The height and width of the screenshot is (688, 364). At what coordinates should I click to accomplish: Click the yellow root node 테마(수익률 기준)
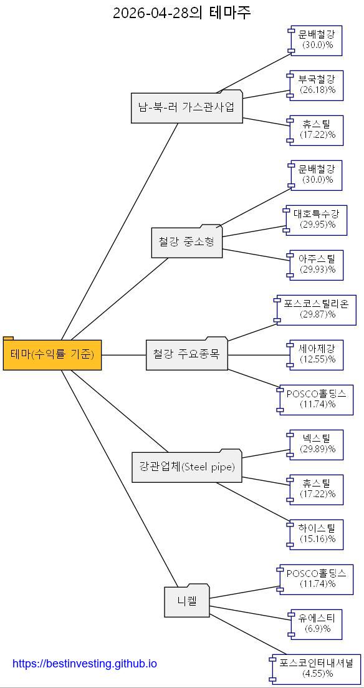(x=52, y=354)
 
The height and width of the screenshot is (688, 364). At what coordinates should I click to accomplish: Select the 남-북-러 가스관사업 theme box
(x=187, y=107)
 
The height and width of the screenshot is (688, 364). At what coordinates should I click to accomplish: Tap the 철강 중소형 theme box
(x=187, y=241)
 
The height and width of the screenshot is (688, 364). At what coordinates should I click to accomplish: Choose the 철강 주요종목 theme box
(x=187, y=354)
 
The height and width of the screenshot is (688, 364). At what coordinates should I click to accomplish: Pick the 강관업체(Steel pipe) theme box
(x=187, y=466)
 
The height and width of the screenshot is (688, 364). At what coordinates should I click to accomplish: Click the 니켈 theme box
(x=187, y=600)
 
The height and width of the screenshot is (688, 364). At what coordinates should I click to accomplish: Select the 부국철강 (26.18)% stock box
(x=315, y=85)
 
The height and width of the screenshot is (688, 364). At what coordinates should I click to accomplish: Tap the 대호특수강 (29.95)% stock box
(x=315, y=220)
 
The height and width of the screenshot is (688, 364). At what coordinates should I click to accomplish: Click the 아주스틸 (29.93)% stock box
(x=315, y=265)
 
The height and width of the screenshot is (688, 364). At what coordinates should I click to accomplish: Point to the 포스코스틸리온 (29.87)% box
(x=315, y=310)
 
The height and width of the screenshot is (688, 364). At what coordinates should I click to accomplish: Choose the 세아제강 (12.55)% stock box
(x=315, y=355)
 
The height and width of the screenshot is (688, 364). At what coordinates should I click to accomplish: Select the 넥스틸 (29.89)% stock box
(x=315, y=445)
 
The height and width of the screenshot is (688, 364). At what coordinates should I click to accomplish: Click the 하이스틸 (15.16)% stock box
(x=315, y=535)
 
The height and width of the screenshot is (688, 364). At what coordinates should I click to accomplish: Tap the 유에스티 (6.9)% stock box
(x=315, y=624)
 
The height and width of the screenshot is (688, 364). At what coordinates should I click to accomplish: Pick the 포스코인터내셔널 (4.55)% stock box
(x=315, y=669)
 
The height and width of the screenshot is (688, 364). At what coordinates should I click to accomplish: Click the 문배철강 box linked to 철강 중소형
(x=315, y=175)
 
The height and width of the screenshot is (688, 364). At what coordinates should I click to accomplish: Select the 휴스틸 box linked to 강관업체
(x=315, y=490)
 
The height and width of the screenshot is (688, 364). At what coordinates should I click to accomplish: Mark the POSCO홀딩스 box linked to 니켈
(x=315, y=579)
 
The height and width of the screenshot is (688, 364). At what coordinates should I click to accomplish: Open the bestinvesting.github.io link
(x=85, y=664)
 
